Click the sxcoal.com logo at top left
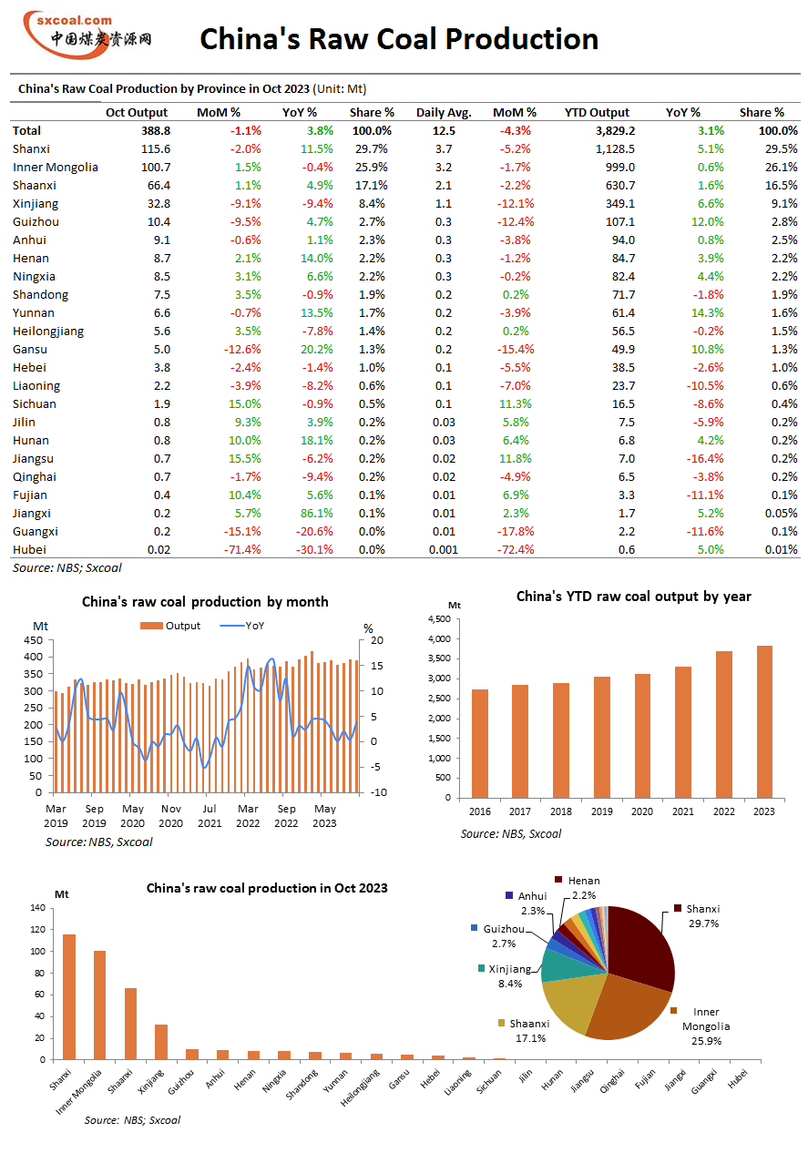87,32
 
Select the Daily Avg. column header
444,112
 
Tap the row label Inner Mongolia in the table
56,167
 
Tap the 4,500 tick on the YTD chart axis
439,619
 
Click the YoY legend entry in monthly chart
251,626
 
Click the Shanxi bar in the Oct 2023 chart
69,996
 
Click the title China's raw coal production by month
205,602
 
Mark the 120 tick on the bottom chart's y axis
37,930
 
